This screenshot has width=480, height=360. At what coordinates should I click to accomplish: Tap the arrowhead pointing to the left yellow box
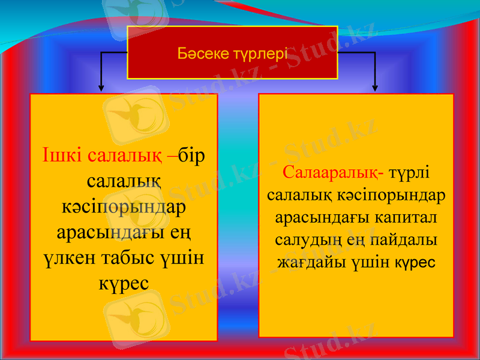pos(101,88)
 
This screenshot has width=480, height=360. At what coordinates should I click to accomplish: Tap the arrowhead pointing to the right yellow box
pos(376,88)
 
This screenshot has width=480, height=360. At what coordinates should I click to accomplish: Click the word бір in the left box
pos(192,155)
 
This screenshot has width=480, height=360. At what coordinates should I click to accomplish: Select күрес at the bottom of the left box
pos(124,283)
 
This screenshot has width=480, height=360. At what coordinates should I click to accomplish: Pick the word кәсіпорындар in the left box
pos(124,206)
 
